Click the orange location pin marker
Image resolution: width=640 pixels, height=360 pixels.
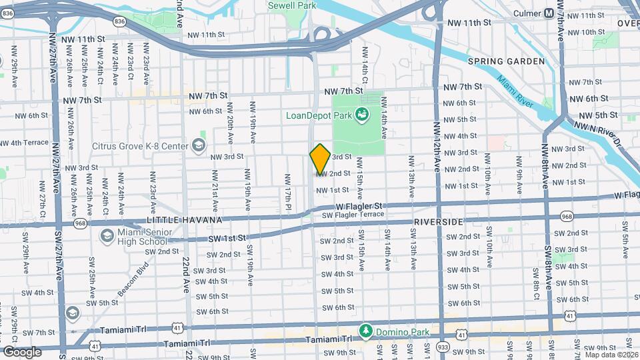(x=320, y=159)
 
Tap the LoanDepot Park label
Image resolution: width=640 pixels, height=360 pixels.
(x=318, y=115)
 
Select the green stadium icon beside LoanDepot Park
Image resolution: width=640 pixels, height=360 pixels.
(x=362, y=115)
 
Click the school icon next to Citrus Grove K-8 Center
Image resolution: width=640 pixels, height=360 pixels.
(x=198, y=145)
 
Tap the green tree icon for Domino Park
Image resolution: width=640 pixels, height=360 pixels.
(x=365, y=331)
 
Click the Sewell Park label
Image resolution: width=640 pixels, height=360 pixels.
(x=291, y=5)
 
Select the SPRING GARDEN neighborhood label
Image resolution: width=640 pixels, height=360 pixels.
(x=506, y=61)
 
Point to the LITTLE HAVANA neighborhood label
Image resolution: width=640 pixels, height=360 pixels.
(x=178, y=219)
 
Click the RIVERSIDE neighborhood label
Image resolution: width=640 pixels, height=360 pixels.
(x=438, y=221)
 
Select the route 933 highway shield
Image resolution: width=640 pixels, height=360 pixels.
(x=443, y=347)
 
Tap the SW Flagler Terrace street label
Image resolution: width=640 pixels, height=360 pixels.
(x=353, y=215)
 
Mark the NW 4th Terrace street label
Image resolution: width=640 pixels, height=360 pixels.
(x=25, y=143)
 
